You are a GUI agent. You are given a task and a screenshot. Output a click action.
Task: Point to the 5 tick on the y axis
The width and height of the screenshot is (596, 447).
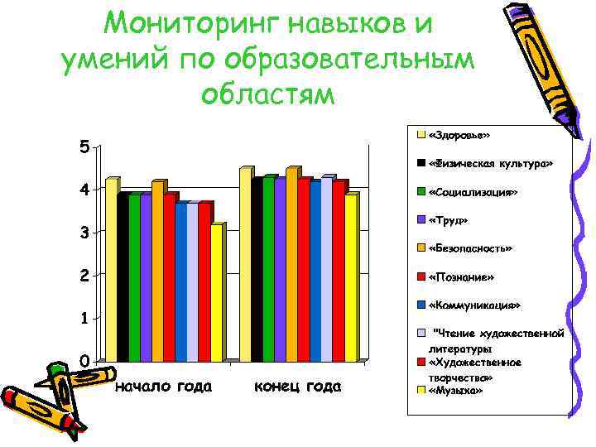pyautogui.click(x=84, y=147)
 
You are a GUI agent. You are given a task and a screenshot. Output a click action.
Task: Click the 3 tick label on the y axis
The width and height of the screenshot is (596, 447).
pyautogui.click(x=84, y=233)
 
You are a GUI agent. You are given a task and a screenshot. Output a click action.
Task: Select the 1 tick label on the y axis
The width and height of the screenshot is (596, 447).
pyautogui.click(x=84, y=318)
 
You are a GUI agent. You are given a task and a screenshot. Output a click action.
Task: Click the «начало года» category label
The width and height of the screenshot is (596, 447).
pyautogui.click(x=163, y=387)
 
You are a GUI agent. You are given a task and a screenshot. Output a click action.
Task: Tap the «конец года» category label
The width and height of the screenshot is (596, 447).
pyautogui.click(x=297, y=387)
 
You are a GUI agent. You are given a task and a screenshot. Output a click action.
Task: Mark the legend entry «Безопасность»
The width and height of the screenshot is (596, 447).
pyautogui.click(x=471, y=248)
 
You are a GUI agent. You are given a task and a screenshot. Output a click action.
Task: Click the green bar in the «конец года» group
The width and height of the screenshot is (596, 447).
pyautogui.click(x=267, y=269)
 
